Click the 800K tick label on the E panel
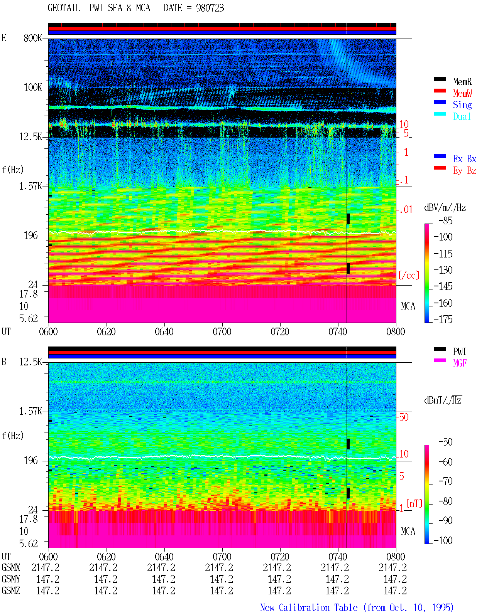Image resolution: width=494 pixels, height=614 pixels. pos(33,38)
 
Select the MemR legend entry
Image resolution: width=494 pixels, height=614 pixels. pos(462,82)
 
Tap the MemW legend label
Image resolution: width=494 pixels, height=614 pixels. pos(462,93)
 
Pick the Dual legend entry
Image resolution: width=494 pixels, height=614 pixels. pos(462,116)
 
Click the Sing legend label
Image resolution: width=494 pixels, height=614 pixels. pos(462,105)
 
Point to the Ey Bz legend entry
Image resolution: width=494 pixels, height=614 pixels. pos(465,171)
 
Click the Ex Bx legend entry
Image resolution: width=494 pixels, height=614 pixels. pos(465,159)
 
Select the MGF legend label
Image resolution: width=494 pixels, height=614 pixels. pos(460,363)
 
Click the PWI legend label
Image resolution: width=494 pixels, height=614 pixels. pos(459,352)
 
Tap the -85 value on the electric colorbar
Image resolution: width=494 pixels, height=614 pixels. pos(445,221)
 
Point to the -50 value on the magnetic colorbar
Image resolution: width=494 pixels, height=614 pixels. pos(445,442)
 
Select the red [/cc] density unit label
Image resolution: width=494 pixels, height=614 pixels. pos(409,275)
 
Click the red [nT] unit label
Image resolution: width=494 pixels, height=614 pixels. pos(414,503)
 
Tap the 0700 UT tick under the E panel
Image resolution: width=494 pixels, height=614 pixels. pos(222,332)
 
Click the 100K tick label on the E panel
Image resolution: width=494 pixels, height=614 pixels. pos(33,87)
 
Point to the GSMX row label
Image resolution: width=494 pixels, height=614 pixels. pos(11,567)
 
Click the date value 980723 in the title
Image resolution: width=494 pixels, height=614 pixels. pos(210,8)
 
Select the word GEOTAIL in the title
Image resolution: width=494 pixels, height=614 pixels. pos(64,8)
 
